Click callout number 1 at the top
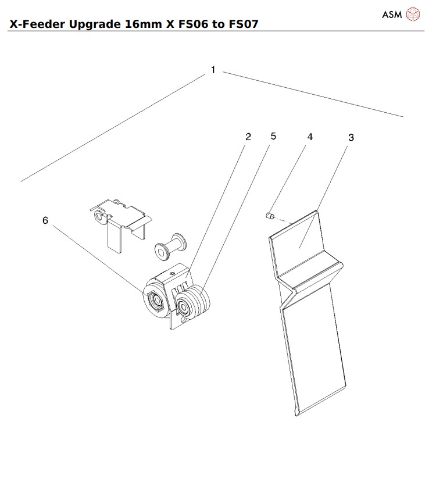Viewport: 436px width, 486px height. [213, 70]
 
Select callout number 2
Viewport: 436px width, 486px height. [248, 137]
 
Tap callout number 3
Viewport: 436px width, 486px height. [351, 138]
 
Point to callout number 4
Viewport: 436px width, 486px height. [310, 137]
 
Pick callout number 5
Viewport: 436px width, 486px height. [273, 137]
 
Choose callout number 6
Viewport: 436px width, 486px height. [45, 220]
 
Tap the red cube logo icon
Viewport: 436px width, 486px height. [412, 15]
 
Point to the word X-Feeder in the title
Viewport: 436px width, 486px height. [35, 24]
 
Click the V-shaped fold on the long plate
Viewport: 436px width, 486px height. [308, 273]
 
